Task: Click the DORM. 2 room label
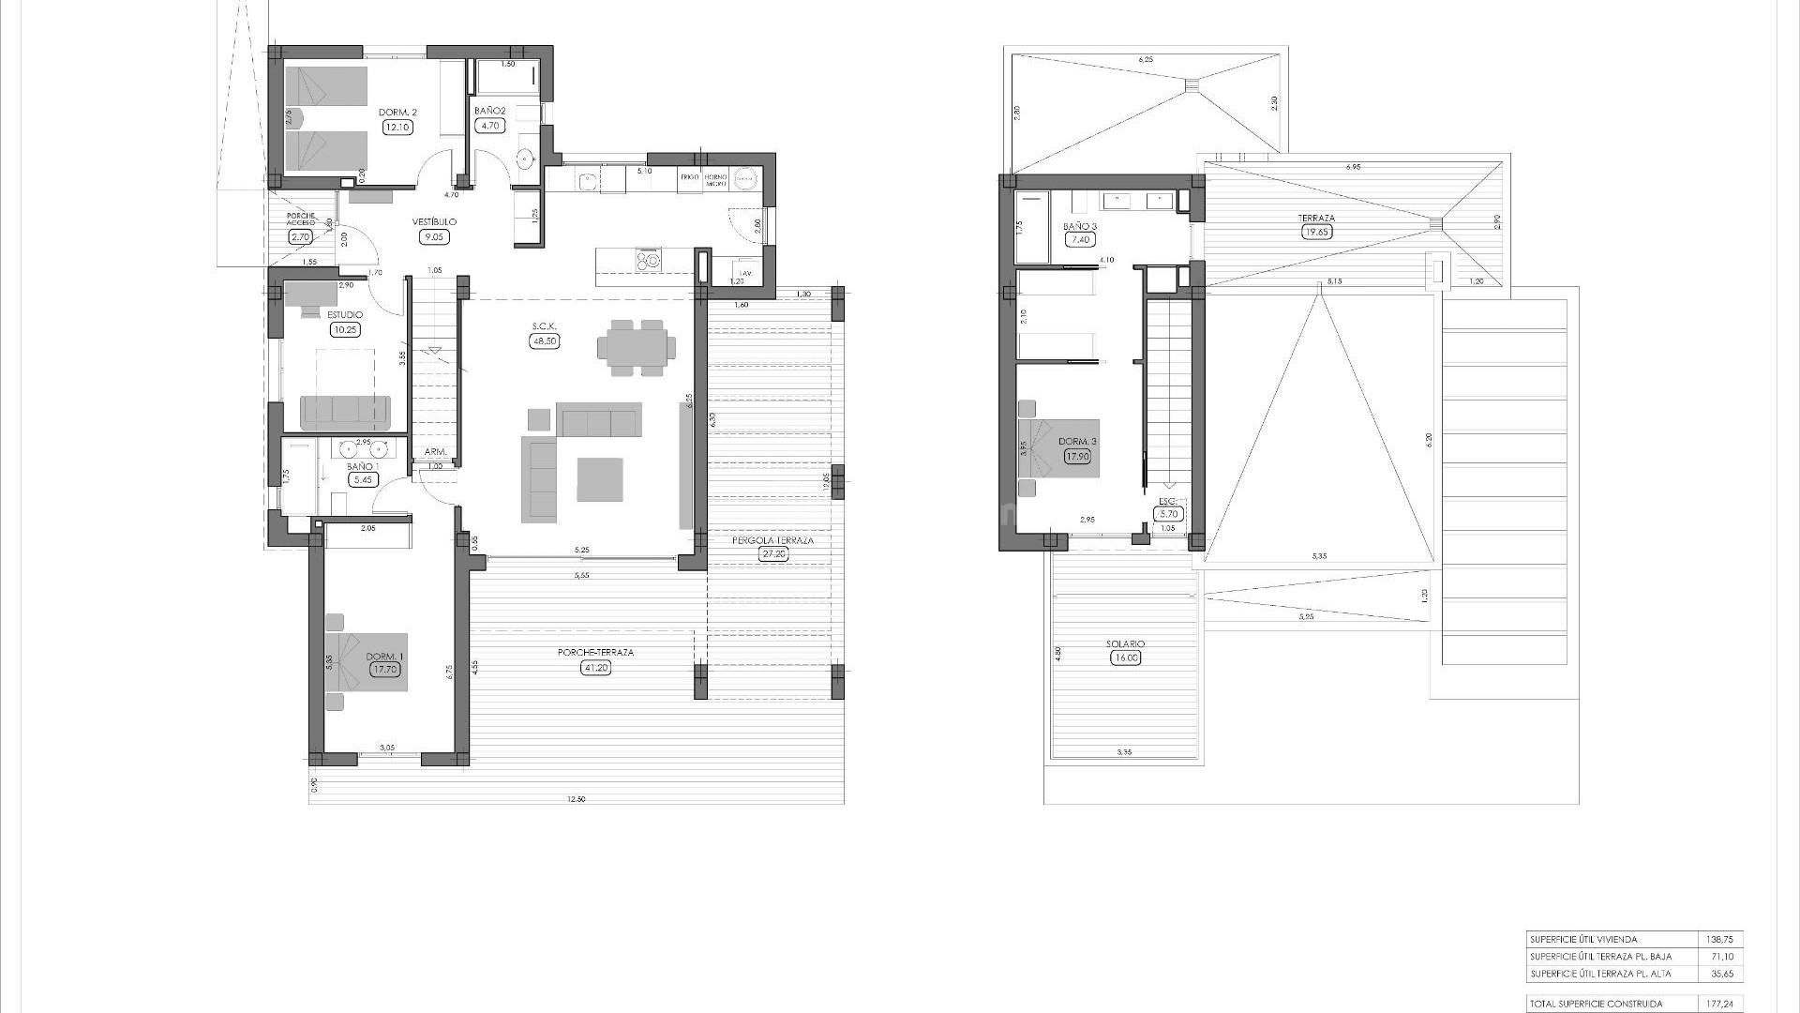pyautogui.click(x=397, y=113)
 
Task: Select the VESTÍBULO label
pyautogui.click(x=434, y=222)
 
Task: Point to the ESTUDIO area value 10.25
pyautogui.click(x=344, y=329)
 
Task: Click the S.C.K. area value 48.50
pyautogui.click(x=544, y=341)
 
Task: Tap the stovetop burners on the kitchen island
pyautogui.click(x=648, y=258)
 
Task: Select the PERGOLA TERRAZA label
pyautogui.click(x=773, y=540)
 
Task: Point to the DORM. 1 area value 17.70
pyautogui.click(x=384, y=670)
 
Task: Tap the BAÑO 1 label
pyautogui.click(x=362, y=466)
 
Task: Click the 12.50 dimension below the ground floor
pyautogui.click(x=576, y=798)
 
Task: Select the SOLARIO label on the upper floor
pyautogui.click(x=1125, y=644)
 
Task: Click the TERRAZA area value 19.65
pyautogui.click(x=1316, y=232)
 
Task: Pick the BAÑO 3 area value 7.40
pyautogui.click(x=1080, y=240)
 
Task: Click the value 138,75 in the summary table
pyautogui.click(x=1721, y=939)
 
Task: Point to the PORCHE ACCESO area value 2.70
pyautogui.click(x=300, y=237)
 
